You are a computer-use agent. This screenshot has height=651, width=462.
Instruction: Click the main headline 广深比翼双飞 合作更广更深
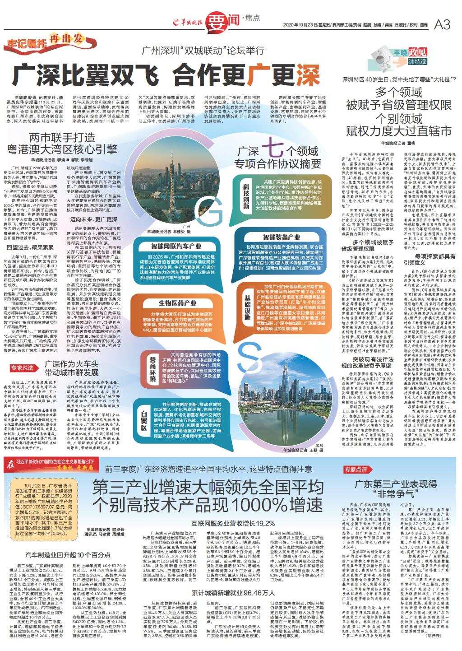tap(166, 75)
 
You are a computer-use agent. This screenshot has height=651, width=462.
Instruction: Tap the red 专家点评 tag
tap(356, 469)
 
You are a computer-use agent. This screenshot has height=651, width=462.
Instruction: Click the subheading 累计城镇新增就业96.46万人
tap(233, 592)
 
